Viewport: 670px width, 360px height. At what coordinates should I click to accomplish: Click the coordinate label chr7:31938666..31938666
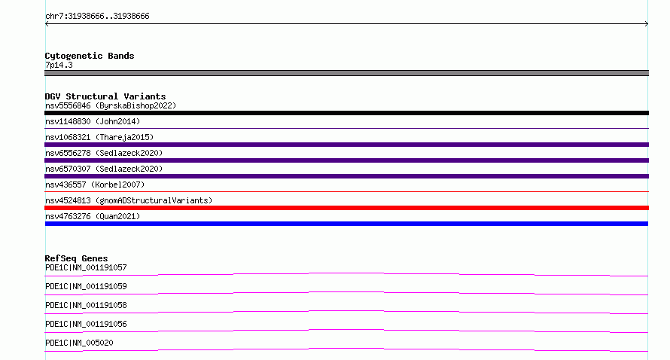[x=97, y=17]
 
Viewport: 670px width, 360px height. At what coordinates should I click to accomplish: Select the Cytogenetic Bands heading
[x=90, y=56]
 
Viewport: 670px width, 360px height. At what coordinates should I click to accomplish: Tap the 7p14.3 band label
[x=59, y=65]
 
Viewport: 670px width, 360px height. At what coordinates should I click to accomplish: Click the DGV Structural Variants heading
[x=105, y=96]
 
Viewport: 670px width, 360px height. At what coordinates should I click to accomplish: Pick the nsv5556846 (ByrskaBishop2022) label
[x=111, y=105]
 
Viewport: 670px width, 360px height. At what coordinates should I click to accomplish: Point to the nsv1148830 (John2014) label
[x=93, y=121]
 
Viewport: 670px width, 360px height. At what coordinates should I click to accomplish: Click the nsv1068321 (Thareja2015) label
[x=99, y=137]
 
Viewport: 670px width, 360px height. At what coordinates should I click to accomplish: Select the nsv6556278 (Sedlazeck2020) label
[x=104, y=153]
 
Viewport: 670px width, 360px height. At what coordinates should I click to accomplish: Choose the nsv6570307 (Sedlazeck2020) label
[x=104, y=169]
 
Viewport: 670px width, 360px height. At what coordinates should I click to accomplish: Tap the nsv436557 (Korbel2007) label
[x=95, y=185]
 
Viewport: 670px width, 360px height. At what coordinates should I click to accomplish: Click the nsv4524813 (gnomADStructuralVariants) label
[x=129, y=200]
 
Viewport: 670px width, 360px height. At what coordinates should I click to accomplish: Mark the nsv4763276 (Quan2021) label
[x=93, y=216]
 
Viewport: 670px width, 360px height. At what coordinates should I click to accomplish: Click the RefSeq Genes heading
[x=76, y=258]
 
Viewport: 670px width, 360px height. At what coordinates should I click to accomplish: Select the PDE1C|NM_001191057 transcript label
[x=86, y=267]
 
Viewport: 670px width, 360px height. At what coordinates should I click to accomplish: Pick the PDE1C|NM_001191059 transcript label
[x=86, y=286]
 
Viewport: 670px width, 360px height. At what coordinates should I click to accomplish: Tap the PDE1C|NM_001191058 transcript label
[x=86, y=305]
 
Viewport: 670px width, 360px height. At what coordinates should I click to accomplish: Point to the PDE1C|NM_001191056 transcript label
[x=86, y=324]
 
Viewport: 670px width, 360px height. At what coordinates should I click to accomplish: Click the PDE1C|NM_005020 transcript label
[x=79, y=343]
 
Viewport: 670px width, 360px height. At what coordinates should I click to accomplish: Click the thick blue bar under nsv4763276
[x=346, y=224]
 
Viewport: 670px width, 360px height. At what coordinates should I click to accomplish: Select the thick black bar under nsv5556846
[x=346, y=113]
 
